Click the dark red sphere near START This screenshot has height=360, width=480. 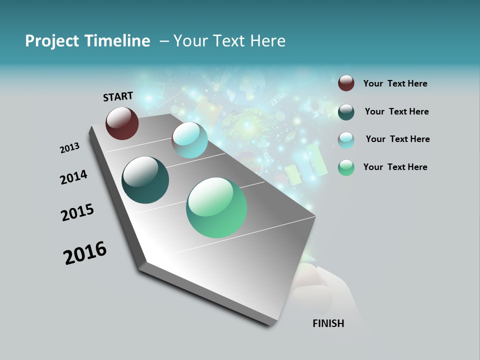[x=122, y=123]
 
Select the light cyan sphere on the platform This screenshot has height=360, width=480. [x=189, y=140]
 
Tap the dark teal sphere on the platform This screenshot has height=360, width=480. [x=145, y=180]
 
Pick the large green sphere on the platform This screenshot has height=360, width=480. [x=216, y=207]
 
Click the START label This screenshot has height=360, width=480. [x=118, y=96]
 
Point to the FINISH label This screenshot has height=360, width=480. [x=328, y=323]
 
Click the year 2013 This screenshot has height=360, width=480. [x=70, y=148]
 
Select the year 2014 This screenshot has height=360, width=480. [x=73, y=177]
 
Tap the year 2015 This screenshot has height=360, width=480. [x=77, y=212]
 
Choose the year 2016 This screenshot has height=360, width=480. [x=85, y=253]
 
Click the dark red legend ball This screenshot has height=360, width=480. [x=346, y=83]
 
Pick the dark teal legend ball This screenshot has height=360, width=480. [x=346, y=112]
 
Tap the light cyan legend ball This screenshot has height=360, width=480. [x=346, y=140]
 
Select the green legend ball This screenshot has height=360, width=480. [x=346, y=167]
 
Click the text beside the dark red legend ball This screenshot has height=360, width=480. [x=395, y=83]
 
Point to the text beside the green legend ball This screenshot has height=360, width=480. [x=395, y=167]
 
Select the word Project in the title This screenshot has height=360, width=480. [x=52, y=41]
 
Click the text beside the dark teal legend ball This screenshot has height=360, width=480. [x=396, y=111]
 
